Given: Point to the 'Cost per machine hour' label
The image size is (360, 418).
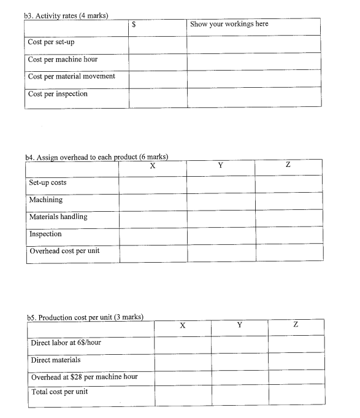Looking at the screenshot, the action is [63, 60].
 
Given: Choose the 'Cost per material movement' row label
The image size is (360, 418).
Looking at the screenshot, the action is [71, 77].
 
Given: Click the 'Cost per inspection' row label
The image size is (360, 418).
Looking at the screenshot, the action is [58, 94].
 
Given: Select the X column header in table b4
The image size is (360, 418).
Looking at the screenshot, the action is [152, 166].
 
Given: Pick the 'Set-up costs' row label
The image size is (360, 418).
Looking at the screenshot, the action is [48, 182].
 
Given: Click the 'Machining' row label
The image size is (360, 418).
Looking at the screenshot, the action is [46, 199].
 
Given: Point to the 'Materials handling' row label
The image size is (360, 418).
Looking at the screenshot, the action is [58, 217].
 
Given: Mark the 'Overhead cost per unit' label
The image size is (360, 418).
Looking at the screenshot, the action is [64, 250].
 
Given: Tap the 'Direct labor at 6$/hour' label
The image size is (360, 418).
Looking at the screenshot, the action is [66, 343].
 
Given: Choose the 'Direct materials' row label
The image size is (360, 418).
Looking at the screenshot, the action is [56, 360].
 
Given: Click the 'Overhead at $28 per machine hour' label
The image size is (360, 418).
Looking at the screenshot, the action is [84, 376].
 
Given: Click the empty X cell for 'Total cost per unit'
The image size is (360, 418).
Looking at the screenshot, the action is [182, 393].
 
